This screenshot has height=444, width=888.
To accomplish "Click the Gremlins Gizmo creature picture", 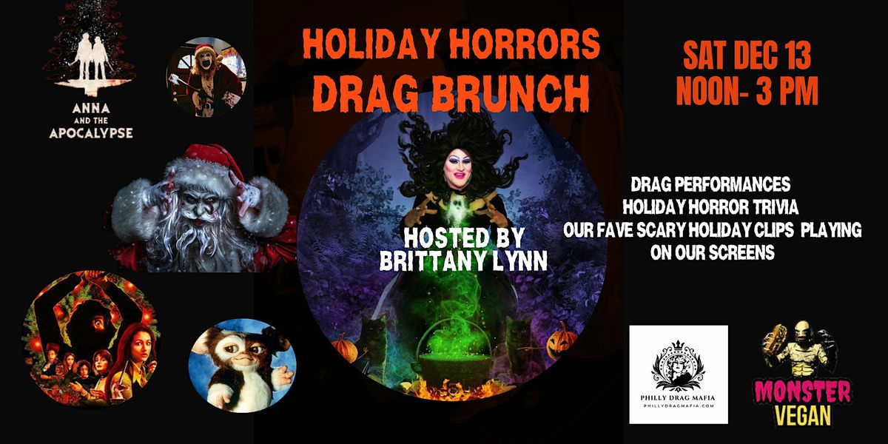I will point(243,365).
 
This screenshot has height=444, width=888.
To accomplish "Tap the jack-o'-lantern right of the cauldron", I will point(562,338).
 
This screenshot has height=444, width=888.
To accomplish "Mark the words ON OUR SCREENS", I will point(712,253).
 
